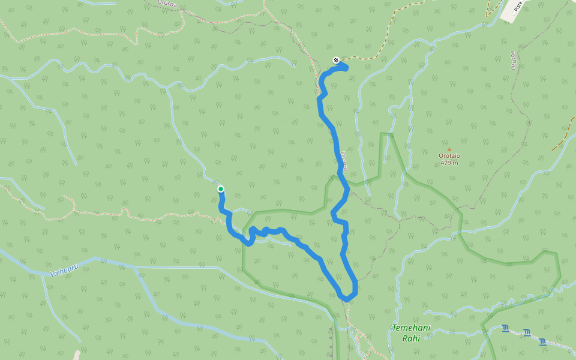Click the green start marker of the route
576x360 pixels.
[221, 189]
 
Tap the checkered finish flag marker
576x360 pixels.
[335, 59]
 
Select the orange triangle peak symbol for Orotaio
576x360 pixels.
[449, 149]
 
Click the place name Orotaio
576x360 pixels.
[449, 156]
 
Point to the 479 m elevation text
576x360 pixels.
[449, 163]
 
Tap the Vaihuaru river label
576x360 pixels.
[65, 272]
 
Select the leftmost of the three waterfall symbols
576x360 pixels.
[505, 328]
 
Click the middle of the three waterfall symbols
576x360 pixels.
[526, 332]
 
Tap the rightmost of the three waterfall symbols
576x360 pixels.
[542, 341]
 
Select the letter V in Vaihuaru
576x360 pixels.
[52, 274]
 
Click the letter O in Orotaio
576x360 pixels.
[440, 156]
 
